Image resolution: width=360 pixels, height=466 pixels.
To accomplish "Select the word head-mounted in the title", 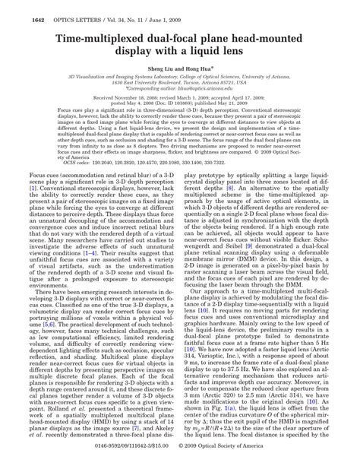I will click(x=284, y=42).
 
